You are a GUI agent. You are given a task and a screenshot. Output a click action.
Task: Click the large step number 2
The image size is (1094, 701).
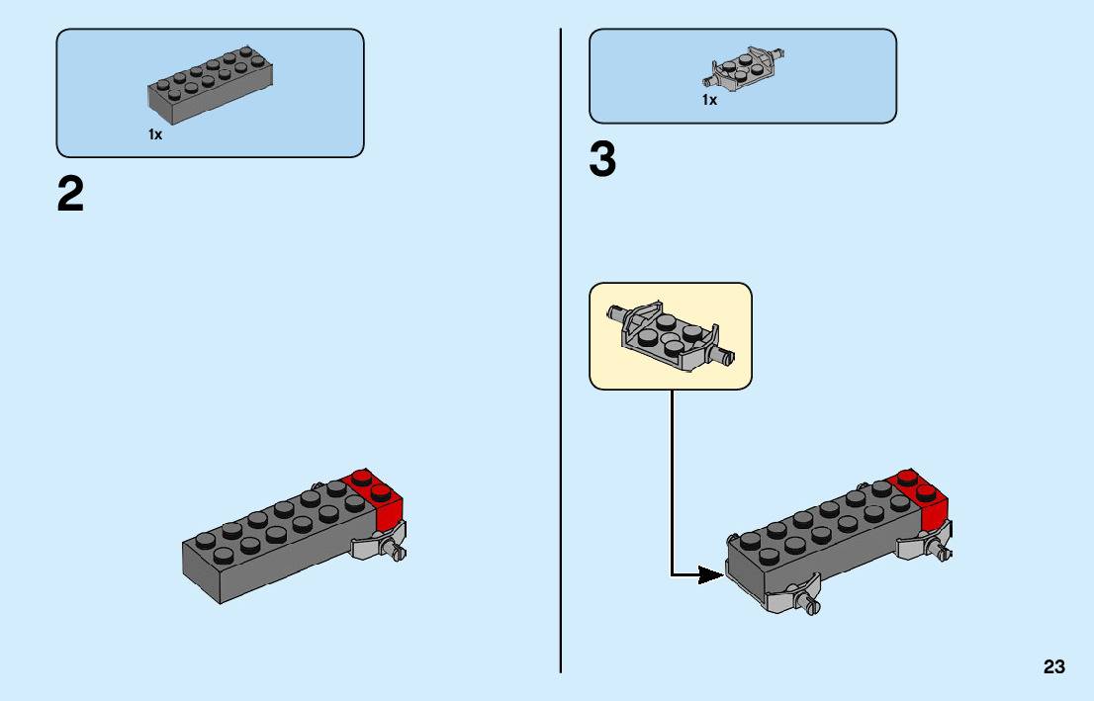point(70,194)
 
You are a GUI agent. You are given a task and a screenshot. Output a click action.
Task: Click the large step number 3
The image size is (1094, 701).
point(602,161)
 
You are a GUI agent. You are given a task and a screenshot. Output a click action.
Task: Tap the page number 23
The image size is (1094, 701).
point(1053,667)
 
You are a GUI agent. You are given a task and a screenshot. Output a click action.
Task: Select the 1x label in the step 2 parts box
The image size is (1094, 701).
point(155,135)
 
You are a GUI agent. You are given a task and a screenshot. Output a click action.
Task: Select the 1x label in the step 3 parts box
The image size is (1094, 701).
point(709,100)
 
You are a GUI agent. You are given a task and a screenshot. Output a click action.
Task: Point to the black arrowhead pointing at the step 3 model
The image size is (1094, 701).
point(710,574)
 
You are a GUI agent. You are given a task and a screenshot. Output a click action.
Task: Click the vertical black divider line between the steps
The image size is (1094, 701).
point(561,346)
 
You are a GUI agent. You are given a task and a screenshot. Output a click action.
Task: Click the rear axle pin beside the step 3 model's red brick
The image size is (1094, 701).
point(941,551)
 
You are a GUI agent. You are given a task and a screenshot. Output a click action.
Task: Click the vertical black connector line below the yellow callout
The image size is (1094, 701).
point(673,475)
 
